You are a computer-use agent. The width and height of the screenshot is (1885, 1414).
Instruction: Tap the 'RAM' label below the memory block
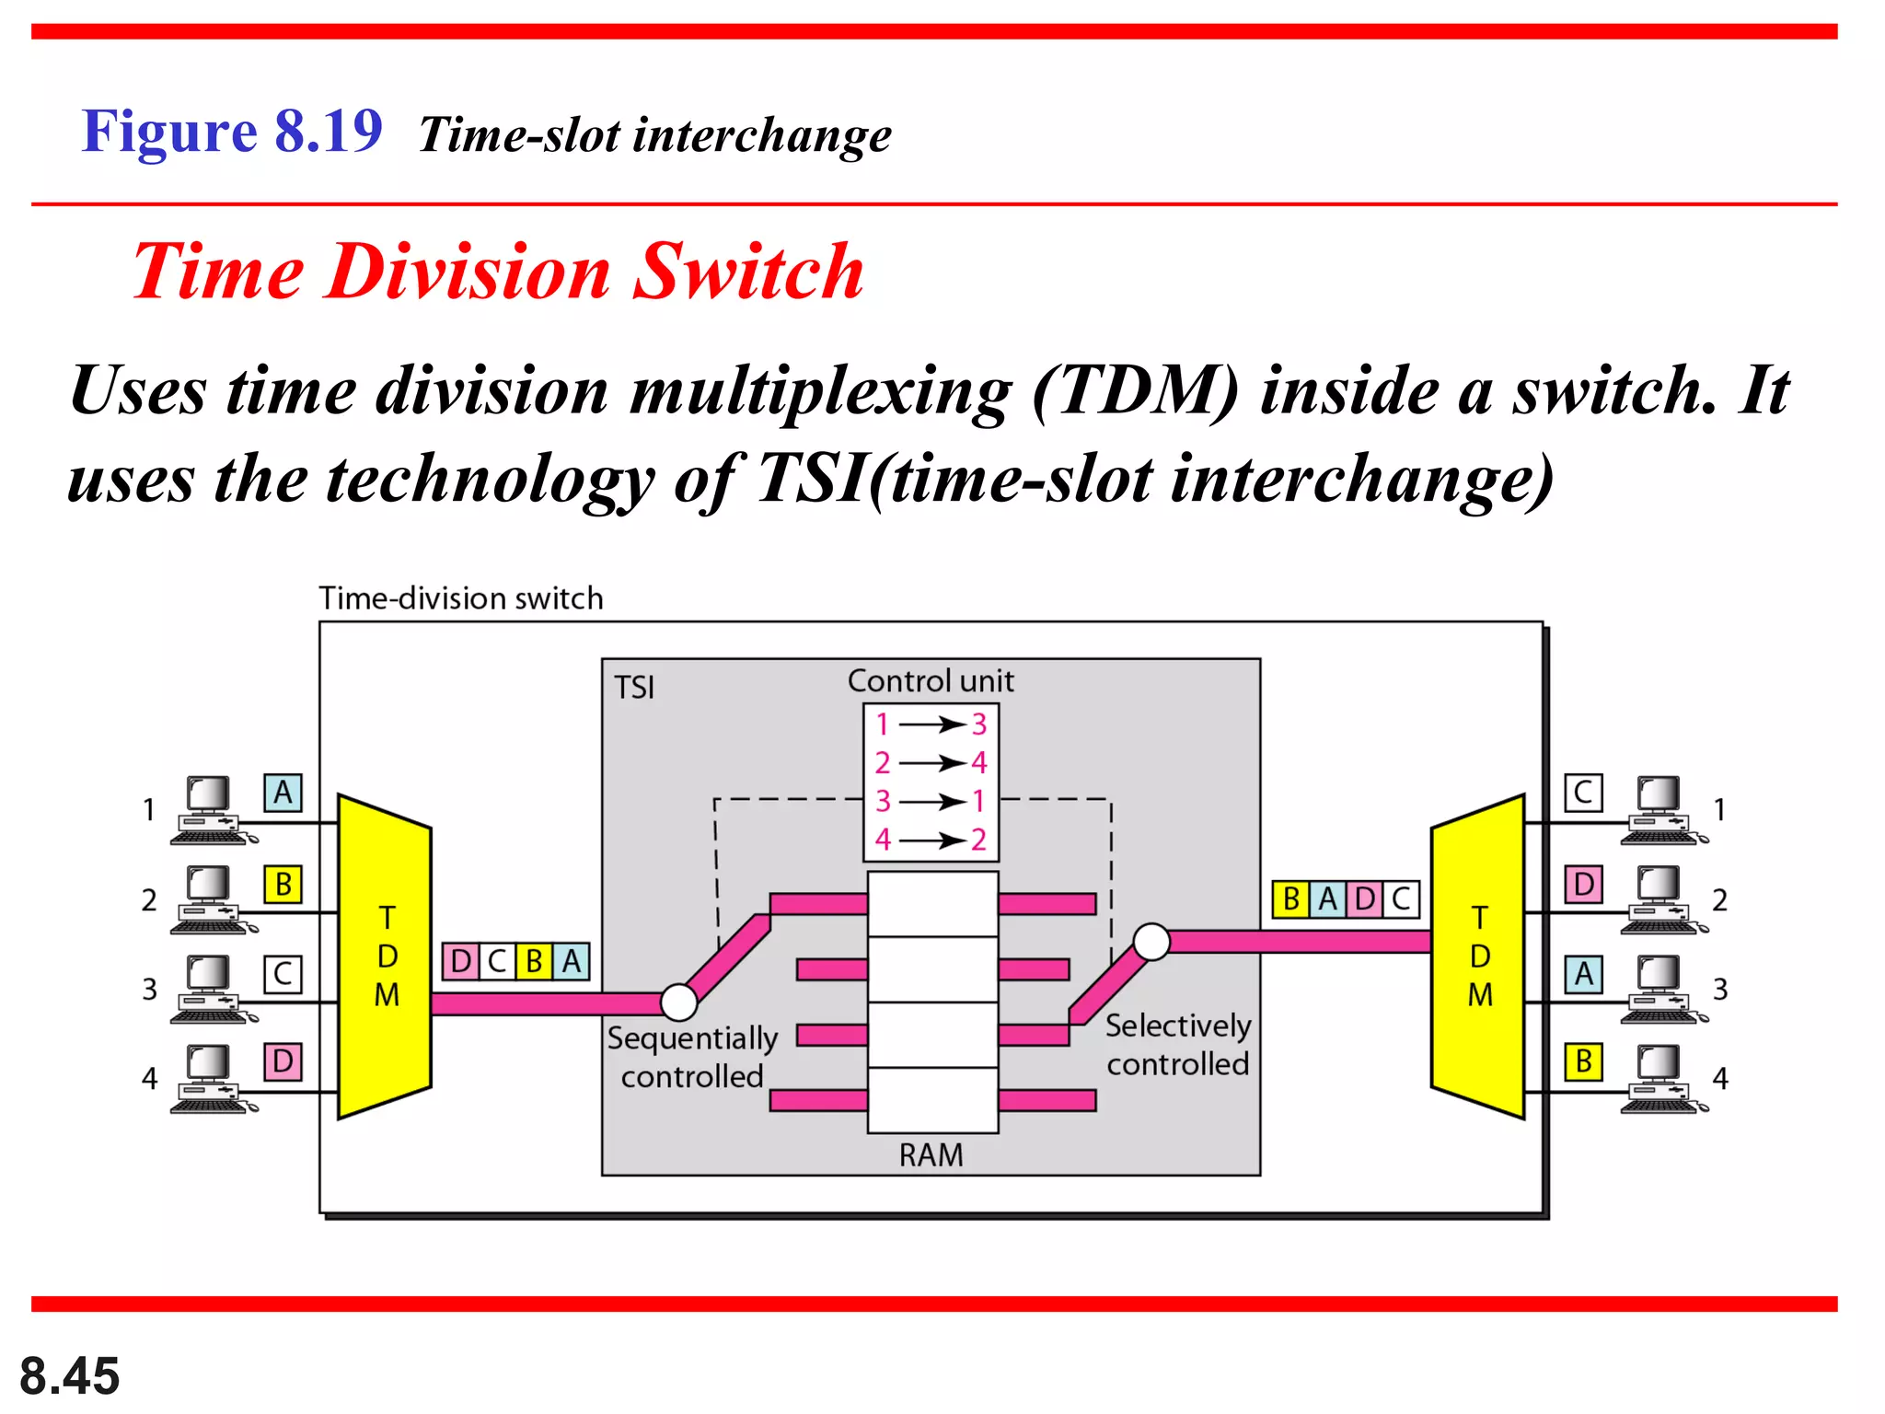(x=931, y=1154)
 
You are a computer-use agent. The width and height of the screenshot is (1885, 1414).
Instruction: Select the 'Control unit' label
(x=931, y=681)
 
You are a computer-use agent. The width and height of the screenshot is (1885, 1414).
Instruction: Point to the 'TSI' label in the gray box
(x=634, y=688)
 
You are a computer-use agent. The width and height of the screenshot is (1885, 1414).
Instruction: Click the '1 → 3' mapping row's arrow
(x=931, y=724)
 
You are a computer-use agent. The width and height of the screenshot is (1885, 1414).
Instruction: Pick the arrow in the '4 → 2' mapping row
(x=931, y=840)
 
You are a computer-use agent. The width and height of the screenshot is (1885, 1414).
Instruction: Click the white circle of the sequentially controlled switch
(x=679, y=1002)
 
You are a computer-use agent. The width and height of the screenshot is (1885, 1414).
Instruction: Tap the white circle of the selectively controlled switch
(x=1151, y=942)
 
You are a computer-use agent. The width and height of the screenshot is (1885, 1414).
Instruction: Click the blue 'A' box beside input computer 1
(x=283, y=793)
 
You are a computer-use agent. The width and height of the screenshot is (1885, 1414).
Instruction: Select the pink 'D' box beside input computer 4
(x=283, y=1061)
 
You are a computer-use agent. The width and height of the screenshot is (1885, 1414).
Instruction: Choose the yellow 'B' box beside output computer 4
(x=1583, y=1061)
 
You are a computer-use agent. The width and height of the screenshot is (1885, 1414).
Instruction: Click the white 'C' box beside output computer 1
(x=1583, y=793)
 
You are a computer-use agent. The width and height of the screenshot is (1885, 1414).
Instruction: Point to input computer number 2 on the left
(x=211, y=898)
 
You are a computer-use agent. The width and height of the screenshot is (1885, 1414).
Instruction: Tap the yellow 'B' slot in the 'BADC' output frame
(x=1290, y=898)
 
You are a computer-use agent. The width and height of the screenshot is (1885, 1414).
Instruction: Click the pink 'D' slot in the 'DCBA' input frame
(x=460, y=961)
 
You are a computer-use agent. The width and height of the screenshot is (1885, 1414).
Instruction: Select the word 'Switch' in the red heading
(x=748, y=272)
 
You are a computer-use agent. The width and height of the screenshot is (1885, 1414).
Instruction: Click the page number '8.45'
(x=69, y=1376)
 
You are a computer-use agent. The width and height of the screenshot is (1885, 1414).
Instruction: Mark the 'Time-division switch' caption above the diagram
(x=460, y=598)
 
